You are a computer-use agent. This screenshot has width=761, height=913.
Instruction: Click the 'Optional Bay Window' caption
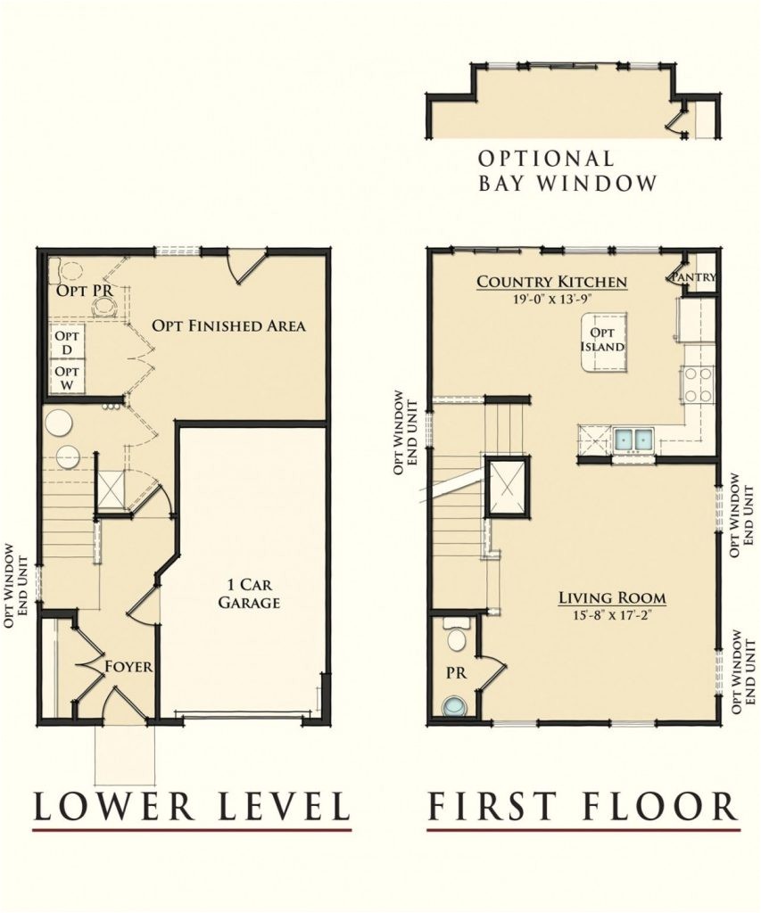click(567, 171)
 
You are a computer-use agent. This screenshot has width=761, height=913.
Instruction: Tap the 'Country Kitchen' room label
click(551, 282)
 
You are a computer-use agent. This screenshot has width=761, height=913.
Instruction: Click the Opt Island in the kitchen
click(602, 341)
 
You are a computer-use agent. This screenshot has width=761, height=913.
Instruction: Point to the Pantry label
click(695, 277)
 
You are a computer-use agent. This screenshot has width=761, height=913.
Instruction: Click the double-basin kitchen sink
click(634, 439)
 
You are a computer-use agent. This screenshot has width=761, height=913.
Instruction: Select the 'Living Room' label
click(612, 597)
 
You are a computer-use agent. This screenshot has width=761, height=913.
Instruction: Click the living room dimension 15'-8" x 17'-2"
click(612, 613)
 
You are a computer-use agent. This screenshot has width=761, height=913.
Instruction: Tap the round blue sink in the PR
click(455, 706)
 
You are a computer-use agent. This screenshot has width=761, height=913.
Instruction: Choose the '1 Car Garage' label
click(252, 594)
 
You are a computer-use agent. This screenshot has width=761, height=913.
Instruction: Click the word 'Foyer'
click(128, 666)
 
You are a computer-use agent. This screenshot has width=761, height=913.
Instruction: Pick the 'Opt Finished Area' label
click(228, 325)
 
